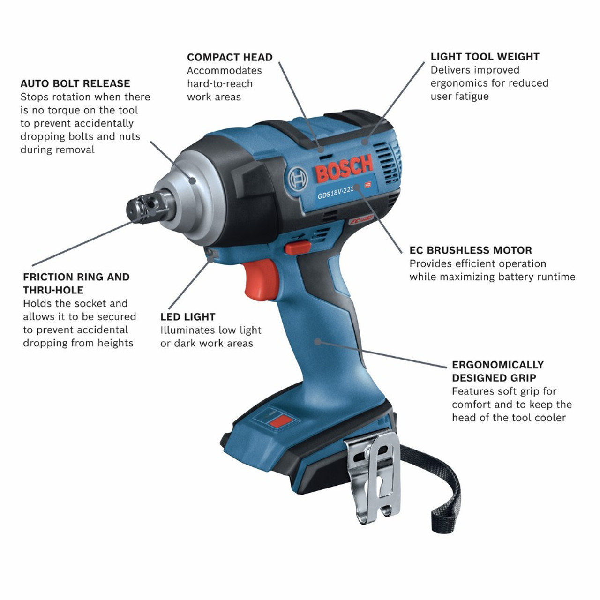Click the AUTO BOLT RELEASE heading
pos(75,84)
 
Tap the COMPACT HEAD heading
pos(229,58)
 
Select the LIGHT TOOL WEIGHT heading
pos(485,57)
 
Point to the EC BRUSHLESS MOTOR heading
pos(471,250)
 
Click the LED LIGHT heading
pos(187,317)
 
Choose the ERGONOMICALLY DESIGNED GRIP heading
pos(497,371)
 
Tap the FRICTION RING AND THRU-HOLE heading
pos(76,284)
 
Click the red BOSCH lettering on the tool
pos(344,168)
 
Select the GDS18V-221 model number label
pos(335,192)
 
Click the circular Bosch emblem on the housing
pos(299,179)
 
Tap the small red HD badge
pos(368,185)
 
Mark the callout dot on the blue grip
pos(317,342)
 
